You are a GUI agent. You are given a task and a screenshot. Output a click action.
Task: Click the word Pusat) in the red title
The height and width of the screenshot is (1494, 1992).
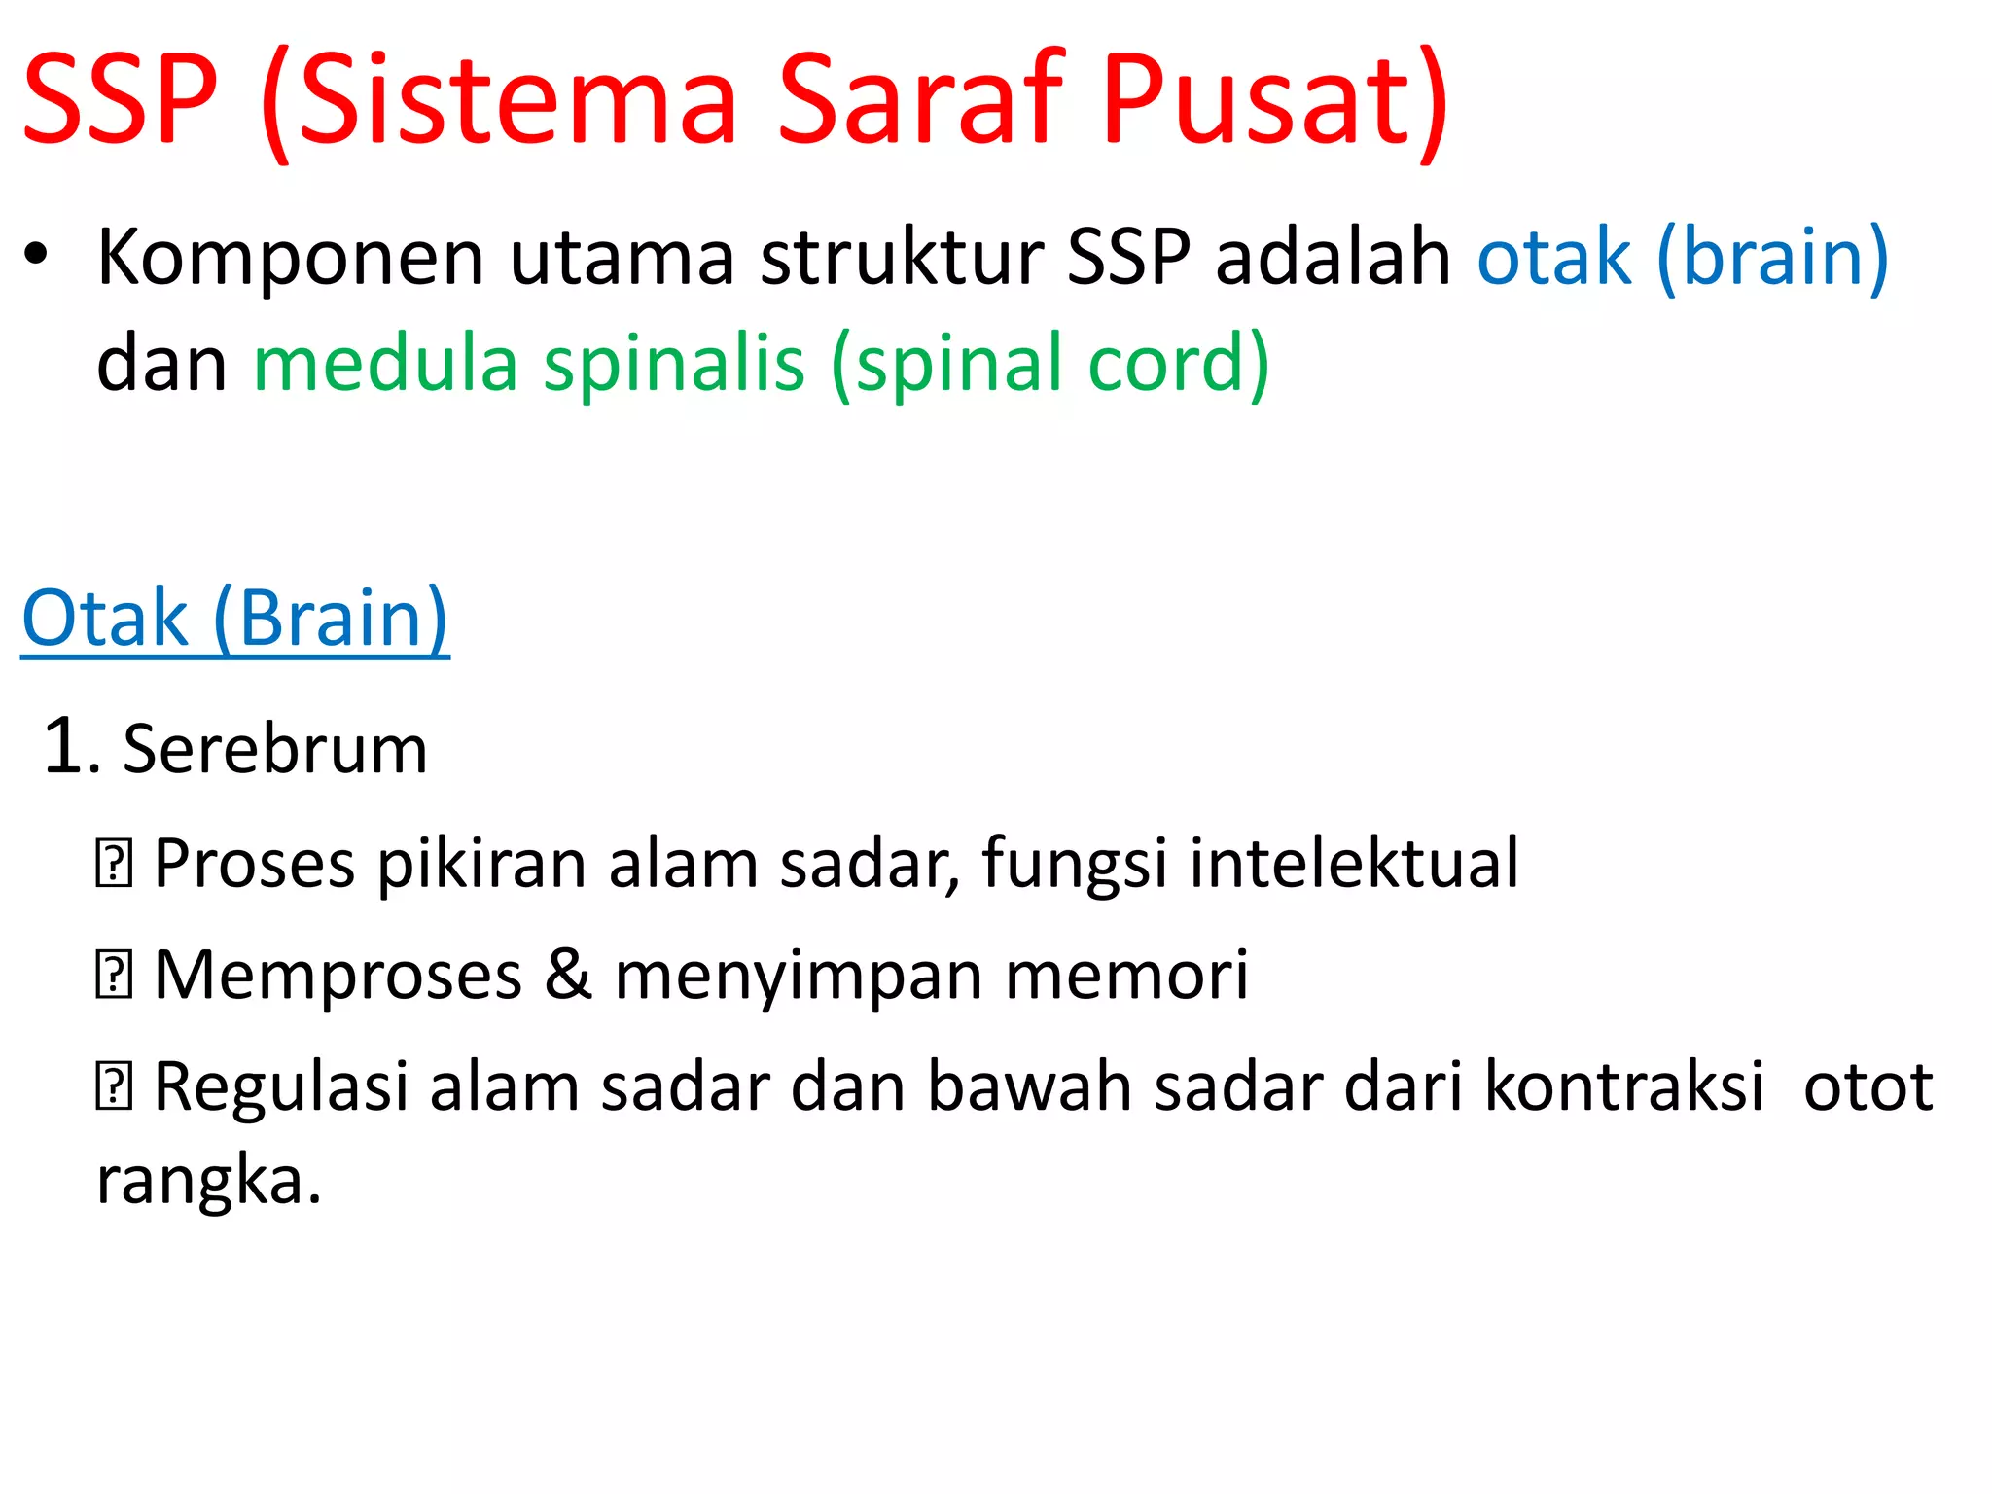[x=1274, y=100]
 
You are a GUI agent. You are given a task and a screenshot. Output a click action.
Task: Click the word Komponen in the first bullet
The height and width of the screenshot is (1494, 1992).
[x=290, y=258]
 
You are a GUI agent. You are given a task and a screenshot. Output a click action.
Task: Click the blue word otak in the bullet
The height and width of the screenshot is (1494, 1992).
[x=1553, y=257]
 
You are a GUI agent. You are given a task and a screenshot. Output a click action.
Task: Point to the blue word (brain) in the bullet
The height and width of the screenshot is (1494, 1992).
[x=1772, y=257]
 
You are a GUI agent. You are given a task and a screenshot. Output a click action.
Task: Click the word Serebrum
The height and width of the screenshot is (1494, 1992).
[x=275, y=750]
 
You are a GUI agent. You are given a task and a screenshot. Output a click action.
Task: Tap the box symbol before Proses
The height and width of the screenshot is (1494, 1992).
[x=113, y=865]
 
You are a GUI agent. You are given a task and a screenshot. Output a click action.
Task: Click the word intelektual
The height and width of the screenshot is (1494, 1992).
[x=1353, y=863]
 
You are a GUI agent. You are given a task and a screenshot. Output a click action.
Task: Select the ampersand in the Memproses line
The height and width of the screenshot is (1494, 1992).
[x=568, y=975]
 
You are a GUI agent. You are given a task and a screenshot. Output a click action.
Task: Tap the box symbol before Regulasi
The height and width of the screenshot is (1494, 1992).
[x=113, y=1087]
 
